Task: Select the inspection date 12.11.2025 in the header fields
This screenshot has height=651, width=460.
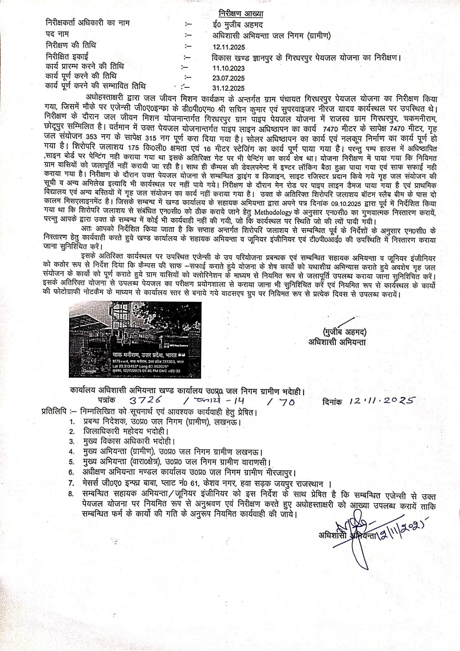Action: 225,47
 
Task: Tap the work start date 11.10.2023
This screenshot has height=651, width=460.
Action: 225,68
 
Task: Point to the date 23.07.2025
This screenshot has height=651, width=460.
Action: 225,78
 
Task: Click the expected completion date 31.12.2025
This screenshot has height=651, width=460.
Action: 225,88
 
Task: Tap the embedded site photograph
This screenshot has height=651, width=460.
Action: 135,339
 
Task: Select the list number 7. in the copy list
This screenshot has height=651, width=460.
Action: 72,484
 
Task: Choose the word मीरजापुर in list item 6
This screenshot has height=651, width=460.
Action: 280,473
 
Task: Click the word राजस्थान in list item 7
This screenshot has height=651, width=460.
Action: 305,484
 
